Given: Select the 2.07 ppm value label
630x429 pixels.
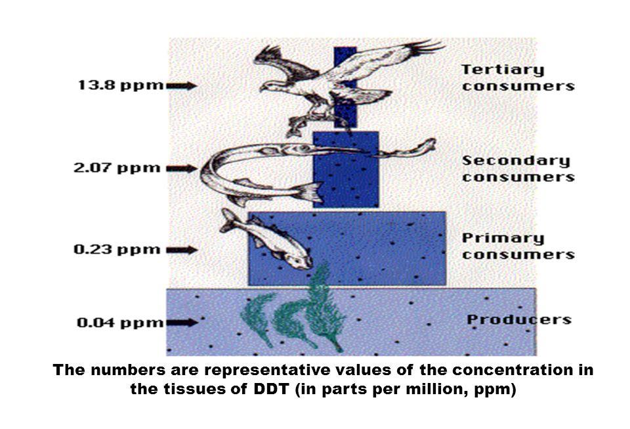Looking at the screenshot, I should [116, 168].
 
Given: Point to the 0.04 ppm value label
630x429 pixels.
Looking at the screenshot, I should [119, 323].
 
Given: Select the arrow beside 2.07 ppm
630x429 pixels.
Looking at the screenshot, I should [181, 168].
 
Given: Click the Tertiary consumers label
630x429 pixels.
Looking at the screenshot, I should [518, 77].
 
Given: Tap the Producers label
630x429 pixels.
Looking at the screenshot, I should [519, 321].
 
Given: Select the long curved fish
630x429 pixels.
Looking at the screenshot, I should [262, 168].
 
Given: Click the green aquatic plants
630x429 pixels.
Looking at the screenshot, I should [295, 315].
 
